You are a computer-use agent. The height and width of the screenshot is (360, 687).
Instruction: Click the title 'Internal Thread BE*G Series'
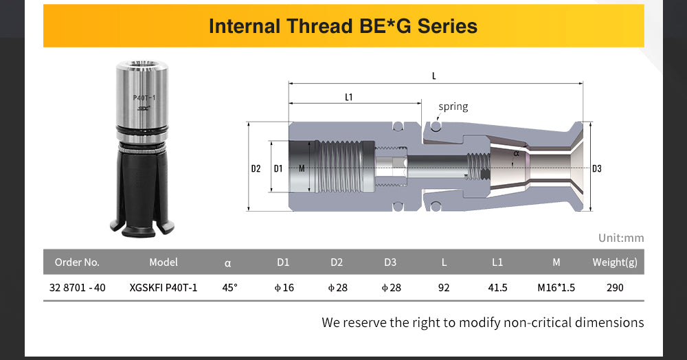coord(343,26)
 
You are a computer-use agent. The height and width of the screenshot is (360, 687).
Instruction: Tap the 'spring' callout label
coord(453,107)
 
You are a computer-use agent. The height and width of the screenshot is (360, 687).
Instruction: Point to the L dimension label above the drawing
coord(434,76)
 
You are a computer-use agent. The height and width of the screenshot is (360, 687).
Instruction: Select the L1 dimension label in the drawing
coord(349,98)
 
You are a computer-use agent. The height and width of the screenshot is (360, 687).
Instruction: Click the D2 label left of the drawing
coord(256,168)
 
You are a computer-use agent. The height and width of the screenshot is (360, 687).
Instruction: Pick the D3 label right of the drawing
coord(597,168)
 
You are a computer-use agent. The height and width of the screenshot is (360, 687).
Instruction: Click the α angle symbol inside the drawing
coord(516,153)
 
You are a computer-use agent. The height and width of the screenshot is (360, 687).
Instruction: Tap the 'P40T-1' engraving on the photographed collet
coord(144,98)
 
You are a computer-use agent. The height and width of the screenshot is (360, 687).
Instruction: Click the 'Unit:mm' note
coord(621,238)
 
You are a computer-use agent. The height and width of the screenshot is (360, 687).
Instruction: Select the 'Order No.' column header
coord(77,262)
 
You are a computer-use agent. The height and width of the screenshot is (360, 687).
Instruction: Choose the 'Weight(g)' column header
coord(615,262)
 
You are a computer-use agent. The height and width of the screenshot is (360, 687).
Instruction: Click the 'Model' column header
coord(164,262)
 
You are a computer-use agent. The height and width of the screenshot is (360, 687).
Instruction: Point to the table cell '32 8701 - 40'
coord(78,288)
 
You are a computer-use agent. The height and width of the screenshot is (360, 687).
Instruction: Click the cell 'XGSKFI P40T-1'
coord(164,288)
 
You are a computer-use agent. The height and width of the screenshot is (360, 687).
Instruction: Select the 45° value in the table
coord(229,288)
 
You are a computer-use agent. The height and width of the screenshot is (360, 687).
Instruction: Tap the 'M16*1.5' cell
coord(556,288)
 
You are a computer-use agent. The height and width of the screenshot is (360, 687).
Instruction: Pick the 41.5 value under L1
coord(497,288)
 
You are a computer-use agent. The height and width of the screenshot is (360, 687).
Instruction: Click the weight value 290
coord(615,288)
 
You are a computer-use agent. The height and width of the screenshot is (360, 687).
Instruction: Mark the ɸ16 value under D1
coord(284,288)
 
